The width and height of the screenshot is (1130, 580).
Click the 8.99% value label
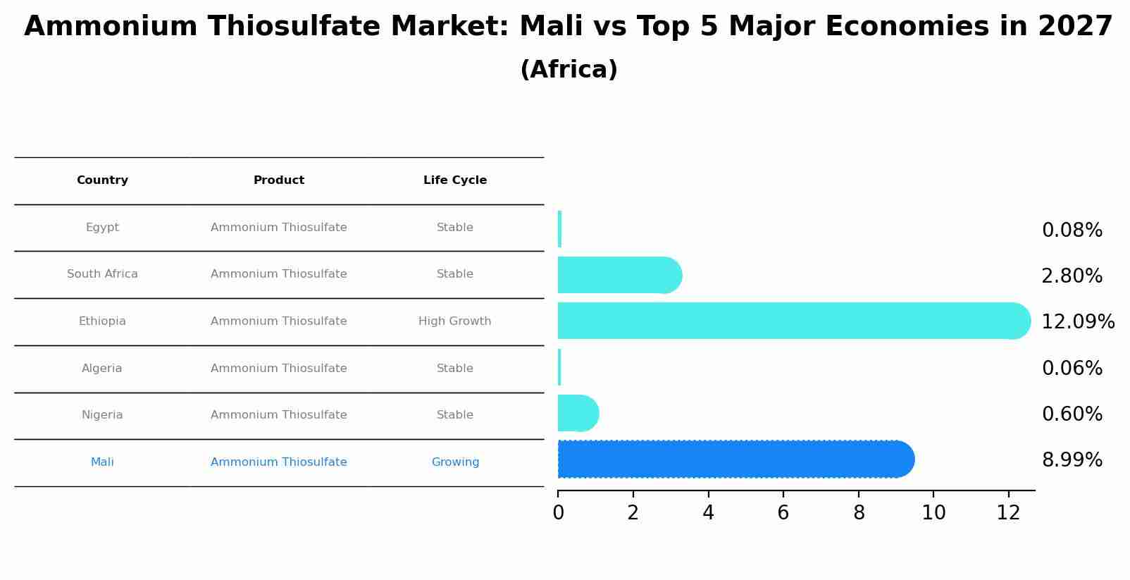click(1072, 460)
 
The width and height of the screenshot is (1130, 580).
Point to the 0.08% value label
click(1072, 230)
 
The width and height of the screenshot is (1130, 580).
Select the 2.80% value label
click(1072, 276)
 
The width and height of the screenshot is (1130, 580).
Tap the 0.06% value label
click(1072, 369)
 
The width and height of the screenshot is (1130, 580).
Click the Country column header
click(102, 180)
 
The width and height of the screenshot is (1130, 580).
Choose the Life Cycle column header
click(455, 180)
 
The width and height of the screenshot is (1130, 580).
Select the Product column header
click(279, 180)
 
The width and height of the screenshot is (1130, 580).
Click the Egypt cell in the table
click(102, 228)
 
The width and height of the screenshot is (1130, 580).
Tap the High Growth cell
click(455, 321)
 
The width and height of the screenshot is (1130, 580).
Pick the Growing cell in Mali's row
click(455, 462)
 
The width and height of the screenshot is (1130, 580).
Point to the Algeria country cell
click(102, 369)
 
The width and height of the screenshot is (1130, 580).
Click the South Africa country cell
click(102, 274)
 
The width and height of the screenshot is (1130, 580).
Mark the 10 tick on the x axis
click(933, 513)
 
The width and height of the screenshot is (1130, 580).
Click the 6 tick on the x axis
click(783, 513)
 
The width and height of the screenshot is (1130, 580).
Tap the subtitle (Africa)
click(569, 70)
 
